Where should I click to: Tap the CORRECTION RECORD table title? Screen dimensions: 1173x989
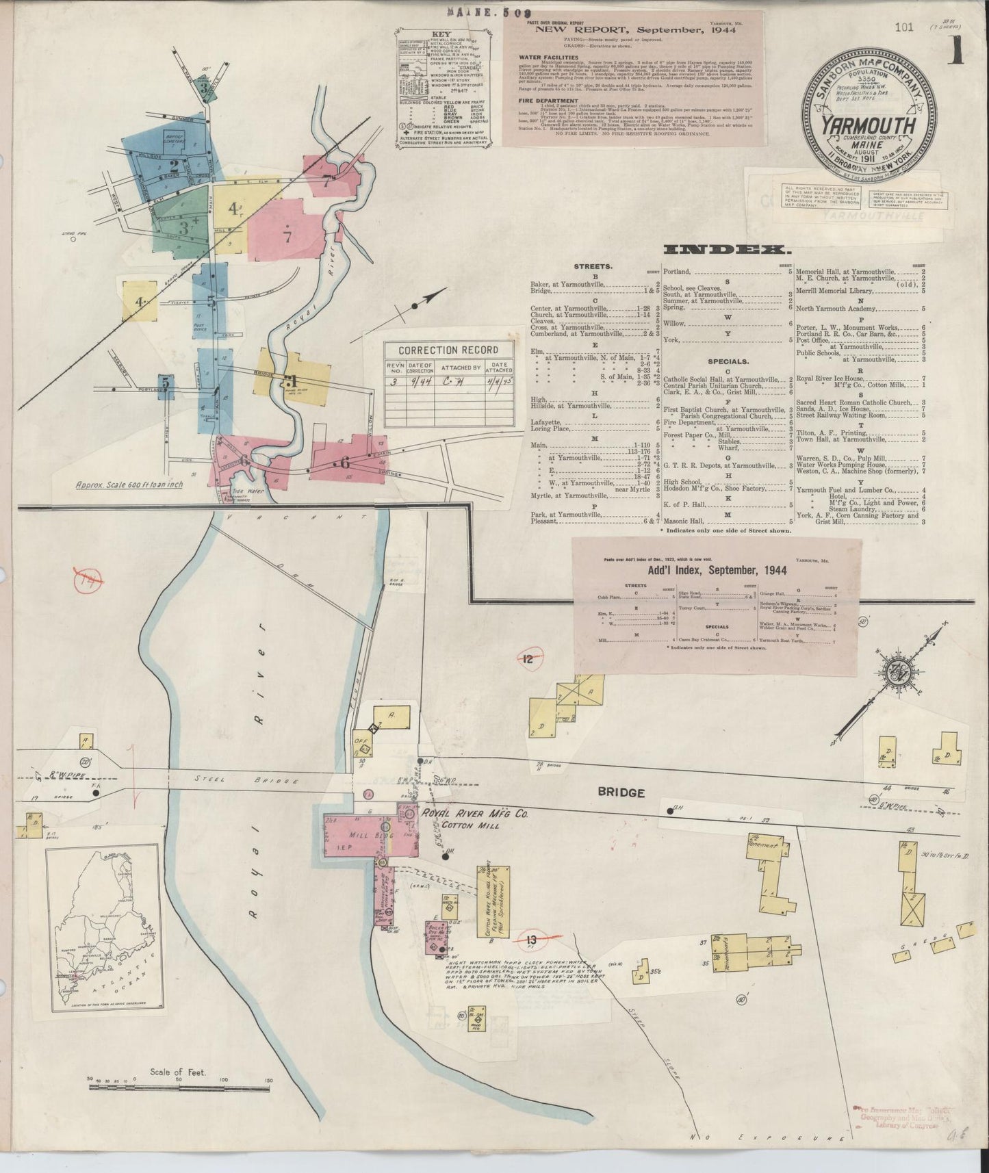(448, 350)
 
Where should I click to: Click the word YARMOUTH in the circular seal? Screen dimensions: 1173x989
(868, 125)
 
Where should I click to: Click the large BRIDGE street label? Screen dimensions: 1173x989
(621, 792)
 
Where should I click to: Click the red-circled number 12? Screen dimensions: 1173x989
(528, 660)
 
